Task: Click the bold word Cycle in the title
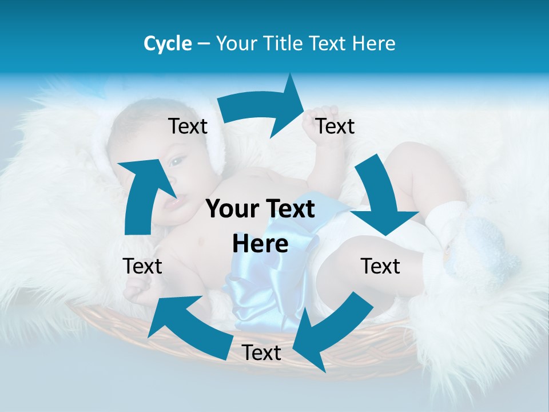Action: (x=168, y=43)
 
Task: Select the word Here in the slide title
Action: (x=374, y=43)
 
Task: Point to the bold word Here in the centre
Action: (x=260, y=244)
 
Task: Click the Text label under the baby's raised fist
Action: (x=335, y=126)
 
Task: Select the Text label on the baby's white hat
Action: (x=188, y=126)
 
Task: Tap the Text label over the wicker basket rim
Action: (x=261, y=353)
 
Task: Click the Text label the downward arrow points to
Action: (x=380, y=266)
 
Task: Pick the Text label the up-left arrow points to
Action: (x=142, y=266)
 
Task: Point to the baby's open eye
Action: (x=177, y=162)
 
